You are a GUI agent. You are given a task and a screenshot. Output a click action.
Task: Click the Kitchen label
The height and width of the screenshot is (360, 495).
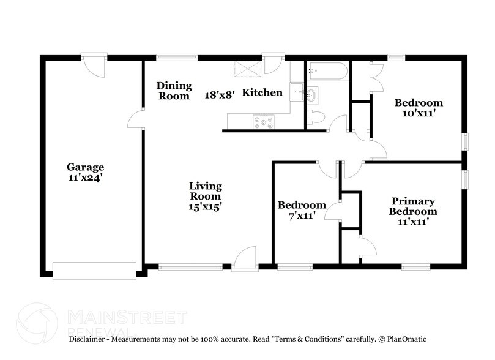tap(262, 93)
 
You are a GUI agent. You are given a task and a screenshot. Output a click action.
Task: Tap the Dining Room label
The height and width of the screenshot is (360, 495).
tap(174, 91)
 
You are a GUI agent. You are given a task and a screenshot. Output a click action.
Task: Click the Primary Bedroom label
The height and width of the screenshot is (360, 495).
tap(414, 206)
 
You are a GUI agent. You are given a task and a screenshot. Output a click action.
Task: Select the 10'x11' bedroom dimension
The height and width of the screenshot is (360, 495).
tap(418, 113)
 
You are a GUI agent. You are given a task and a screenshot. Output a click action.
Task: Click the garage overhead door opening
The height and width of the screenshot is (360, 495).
tap(94, 269)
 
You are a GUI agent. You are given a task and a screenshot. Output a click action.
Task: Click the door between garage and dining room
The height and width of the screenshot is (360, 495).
tap(136, 121)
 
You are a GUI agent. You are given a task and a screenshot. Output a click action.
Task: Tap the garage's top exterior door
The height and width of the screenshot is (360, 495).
tap(95, 66)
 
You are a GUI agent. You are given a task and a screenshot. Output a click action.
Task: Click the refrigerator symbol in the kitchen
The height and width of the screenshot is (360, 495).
tap(248, 69)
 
